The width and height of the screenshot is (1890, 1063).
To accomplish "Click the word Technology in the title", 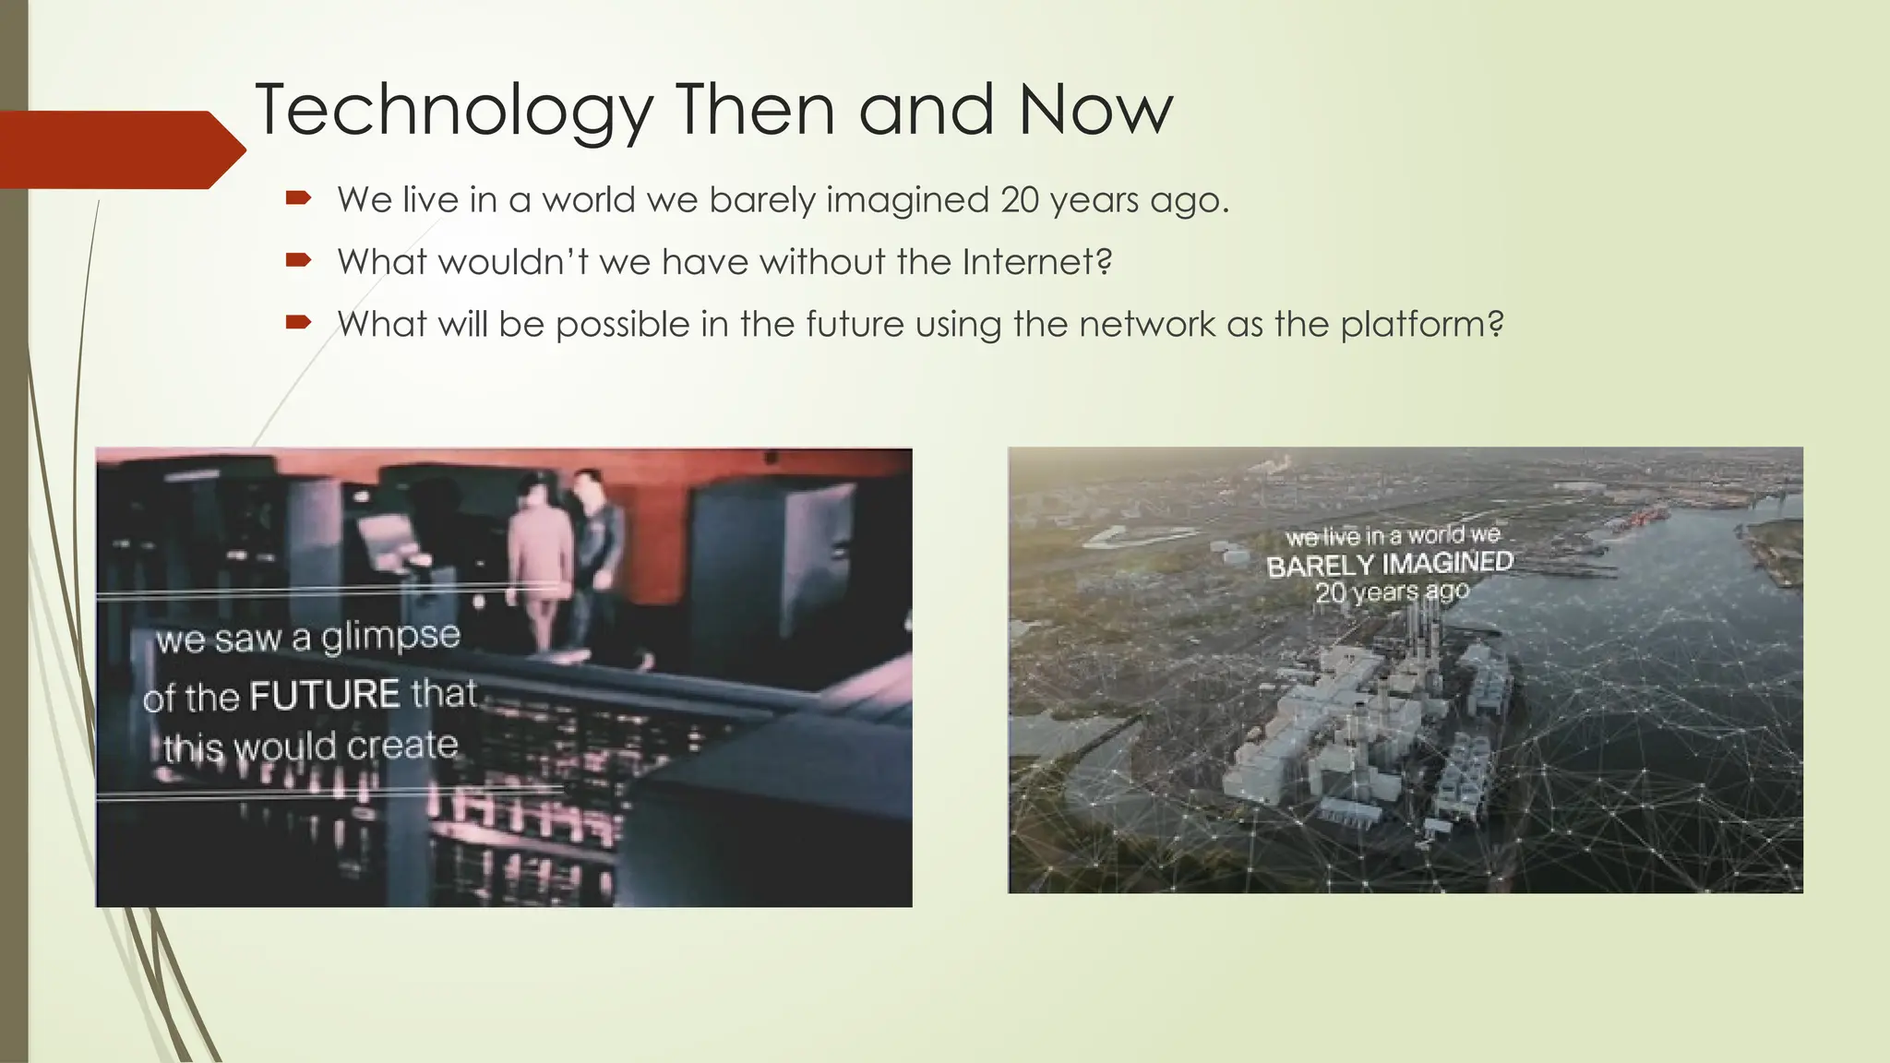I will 453,111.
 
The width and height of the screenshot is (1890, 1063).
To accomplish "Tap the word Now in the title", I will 1095,111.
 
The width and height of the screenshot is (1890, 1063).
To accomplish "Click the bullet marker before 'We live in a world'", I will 297,198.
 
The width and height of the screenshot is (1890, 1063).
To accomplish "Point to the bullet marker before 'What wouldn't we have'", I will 297,261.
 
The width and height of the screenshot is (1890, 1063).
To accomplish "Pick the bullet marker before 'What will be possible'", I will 297,323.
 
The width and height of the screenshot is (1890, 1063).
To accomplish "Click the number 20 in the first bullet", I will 1020,199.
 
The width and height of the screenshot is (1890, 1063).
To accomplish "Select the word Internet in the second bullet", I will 1036,262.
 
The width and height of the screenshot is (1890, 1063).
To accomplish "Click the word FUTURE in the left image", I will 325,695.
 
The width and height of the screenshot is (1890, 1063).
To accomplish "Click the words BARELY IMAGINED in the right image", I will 1389,564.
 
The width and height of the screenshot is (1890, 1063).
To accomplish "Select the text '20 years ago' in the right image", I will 1391,591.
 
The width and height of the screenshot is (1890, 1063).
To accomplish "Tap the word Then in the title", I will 756,111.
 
